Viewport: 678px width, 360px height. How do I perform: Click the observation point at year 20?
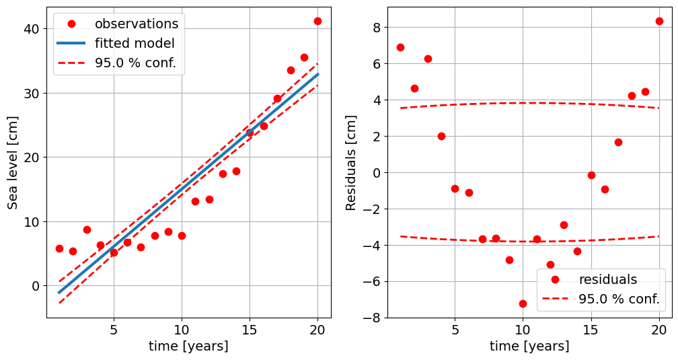click(317, 21)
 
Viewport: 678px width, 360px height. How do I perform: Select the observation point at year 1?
click(59, 248)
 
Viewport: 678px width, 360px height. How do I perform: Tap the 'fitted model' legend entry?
click(135, 44)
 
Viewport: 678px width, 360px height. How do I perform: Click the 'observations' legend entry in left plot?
click(136, 24)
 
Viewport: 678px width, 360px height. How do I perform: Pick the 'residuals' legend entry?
click(607, 279)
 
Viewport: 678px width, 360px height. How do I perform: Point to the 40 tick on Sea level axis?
click(32, 29)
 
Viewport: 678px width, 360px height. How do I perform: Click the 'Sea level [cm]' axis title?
click(13, 161)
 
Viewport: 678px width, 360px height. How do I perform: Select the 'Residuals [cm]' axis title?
click(351, 161)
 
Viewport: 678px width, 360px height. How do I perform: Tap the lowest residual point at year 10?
click(523, 303)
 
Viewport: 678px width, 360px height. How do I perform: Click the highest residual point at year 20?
click(659, 21)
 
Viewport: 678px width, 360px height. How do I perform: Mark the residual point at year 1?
click(400, 47)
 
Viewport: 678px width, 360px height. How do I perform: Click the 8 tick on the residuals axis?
click(375, 28)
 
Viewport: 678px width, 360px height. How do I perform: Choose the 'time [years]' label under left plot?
click(188, 347)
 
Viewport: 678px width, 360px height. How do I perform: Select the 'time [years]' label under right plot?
click(529, 347)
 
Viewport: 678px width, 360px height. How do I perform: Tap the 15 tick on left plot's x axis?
click(250, 330)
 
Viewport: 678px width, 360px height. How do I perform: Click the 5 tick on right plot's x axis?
click(455, 330)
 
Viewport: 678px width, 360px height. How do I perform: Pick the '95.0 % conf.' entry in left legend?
click(139, 63)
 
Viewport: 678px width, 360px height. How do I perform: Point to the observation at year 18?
click(291, 70)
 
